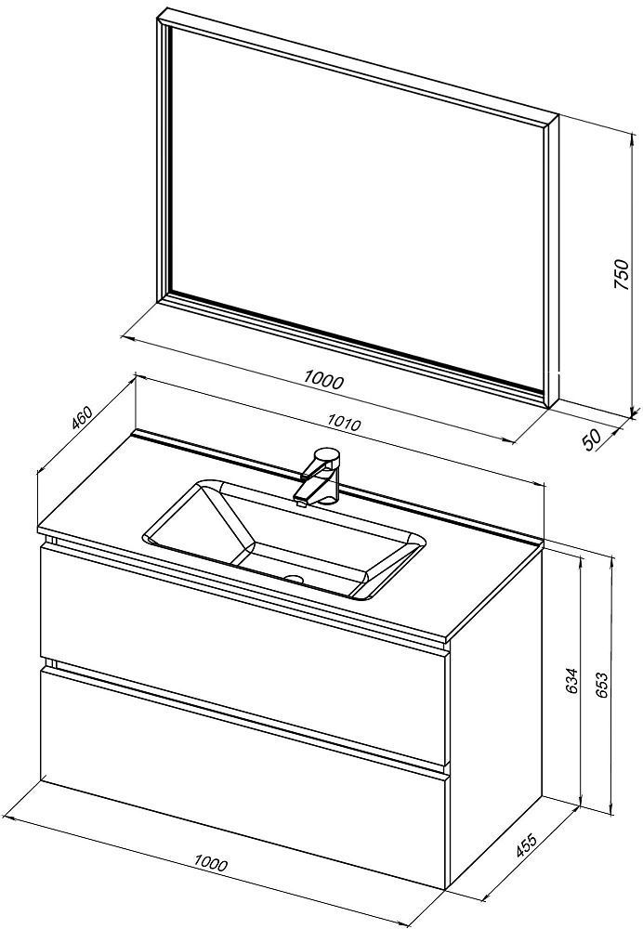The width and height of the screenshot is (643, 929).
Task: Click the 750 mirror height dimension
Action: (x=620, y=274)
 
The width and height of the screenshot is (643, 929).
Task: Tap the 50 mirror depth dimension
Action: (x=592, y=439)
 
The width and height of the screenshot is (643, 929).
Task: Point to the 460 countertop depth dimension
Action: (x=81, y=417)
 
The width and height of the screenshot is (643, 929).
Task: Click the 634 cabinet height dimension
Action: (x=571, y=682)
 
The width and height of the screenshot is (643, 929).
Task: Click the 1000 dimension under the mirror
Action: (x=323, y=379)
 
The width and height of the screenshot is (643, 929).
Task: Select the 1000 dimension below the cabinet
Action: (x=210, y=863)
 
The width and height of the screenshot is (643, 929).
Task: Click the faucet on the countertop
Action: (x=318, y=474)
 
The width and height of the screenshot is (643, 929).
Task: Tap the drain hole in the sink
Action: (x=293, y=578)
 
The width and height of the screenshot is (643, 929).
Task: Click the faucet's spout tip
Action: (x=300, y=503)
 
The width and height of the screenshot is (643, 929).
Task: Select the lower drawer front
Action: (x=243, y=776)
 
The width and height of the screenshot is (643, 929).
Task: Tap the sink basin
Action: (x=283, y=539)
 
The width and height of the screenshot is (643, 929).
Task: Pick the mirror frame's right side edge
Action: (x=552, y=261)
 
